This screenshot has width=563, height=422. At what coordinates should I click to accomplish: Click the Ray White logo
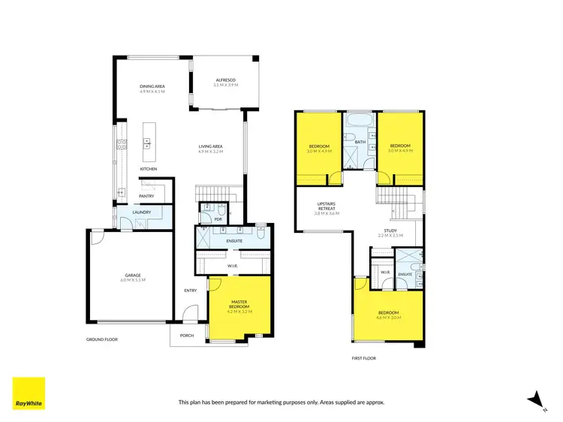coord(29,393)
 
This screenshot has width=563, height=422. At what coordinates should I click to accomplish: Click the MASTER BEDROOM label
coord(239,303)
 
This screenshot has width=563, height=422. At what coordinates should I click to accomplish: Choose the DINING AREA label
coord(152,87)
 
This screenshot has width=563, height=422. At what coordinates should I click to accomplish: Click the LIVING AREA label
coord(210,146)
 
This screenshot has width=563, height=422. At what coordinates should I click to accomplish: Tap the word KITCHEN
coord(149,169)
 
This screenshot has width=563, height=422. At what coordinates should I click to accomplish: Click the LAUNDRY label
coord(143,212)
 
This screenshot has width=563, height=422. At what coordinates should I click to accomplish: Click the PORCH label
coord(187,336)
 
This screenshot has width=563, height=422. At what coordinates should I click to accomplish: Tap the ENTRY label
coord(190,290)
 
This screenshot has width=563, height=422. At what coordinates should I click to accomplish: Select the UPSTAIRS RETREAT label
coord(326,206)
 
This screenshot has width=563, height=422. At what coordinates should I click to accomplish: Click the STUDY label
coord(390,231)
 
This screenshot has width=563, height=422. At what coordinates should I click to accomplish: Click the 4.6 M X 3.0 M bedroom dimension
coord(388,318)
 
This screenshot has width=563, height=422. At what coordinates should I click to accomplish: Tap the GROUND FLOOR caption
coord(101,339)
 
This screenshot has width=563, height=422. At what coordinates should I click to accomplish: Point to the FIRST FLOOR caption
coord(363,358)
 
